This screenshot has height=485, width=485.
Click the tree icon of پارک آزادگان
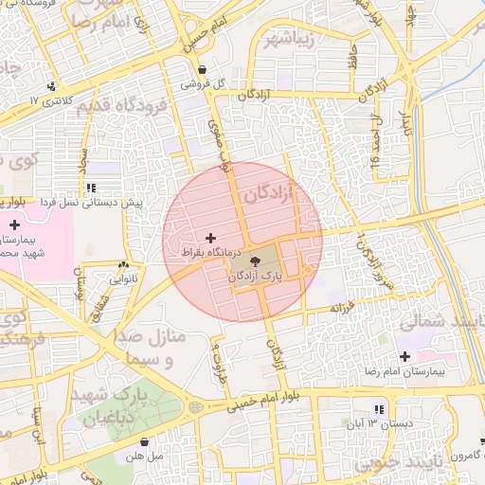[256, 261]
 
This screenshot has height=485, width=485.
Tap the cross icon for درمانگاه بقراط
[209, 237]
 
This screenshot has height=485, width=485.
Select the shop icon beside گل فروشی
[203, 69]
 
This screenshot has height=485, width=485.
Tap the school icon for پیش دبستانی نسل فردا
[91, 189]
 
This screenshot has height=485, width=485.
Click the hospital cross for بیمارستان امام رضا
[405, 357]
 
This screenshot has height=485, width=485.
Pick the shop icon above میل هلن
[144, 441]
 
